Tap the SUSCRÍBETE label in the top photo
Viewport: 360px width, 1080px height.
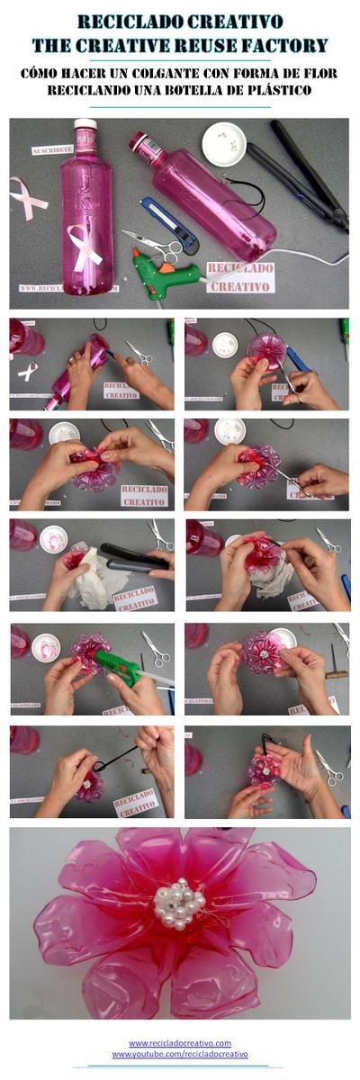[50, 151]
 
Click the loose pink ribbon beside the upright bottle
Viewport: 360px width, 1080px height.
[28, 197]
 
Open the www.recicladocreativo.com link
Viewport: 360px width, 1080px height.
[180, 1042]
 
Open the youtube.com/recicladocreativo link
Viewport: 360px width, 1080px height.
[180, 1054]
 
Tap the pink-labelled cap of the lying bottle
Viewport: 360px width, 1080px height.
[140, 143]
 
